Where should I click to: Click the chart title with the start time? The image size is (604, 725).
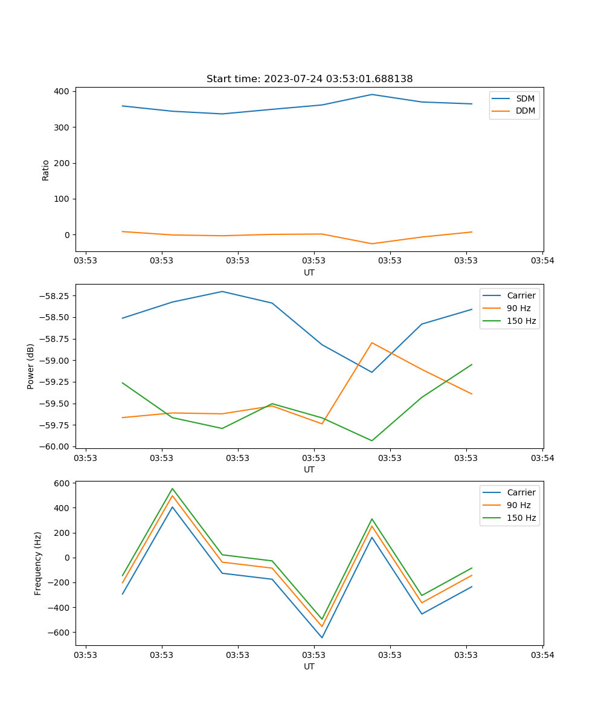coord(309,79)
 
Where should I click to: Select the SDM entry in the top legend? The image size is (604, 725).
coord(525,98)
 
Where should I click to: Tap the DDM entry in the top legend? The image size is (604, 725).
coord(525,111)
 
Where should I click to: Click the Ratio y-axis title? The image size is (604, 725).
coord(46,170)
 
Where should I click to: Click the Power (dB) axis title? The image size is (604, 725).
coord(31,366)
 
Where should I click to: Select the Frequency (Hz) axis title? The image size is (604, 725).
coord(38,563)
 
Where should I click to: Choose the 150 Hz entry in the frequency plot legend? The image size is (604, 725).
coord(522,518)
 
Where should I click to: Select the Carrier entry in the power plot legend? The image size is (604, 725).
coord(521,295)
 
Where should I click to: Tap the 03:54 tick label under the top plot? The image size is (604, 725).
coord(542,261)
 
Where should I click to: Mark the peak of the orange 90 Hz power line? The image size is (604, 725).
coord(372,343)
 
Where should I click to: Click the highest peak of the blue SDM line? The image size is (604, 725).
coord(372,94)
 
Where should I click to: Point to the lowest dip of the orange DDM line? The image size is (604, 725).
coord(372,243)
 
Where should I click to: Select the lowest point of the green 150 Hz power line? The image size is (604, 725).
coord(372,440)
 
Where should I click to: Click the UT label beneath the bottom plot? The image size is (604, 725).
coord(309,666)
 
